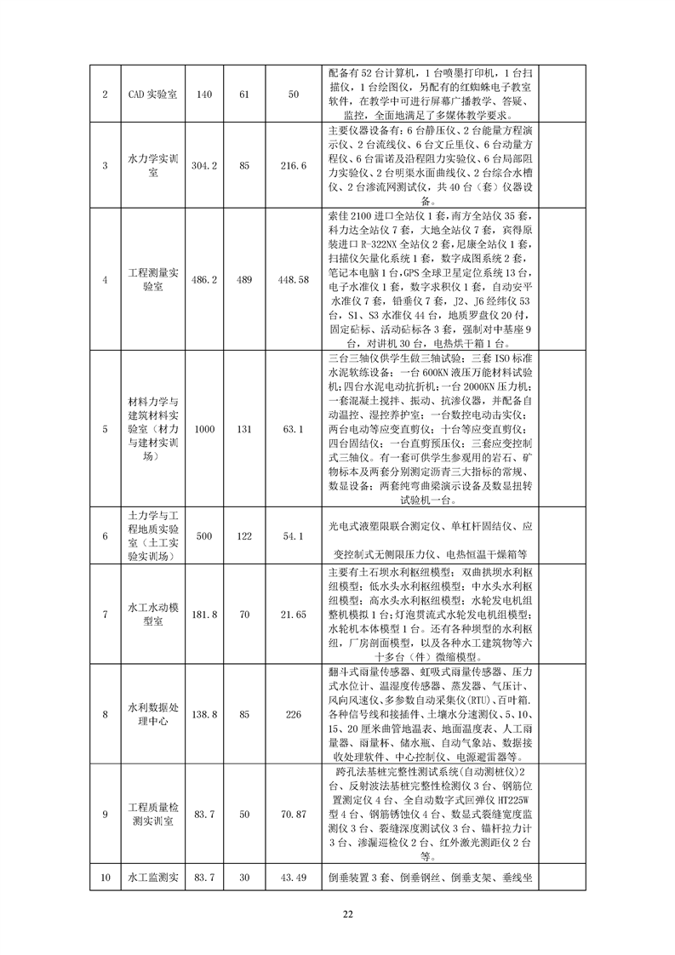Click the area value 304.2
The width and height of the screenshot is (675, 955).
point(203,165)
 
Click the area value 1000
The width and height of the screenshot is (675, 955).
point(203,429)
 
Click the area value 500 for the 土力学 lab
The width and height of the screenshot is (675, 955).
point(203,536)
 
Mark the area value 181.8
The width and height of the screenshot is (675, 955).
point(203,614)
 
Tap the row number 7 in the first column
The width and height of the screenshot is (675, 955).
point(105,614)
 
